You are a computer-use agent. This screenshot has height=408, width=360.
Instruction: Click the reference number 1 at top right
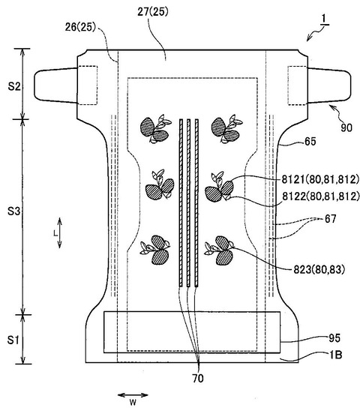pos(324,19)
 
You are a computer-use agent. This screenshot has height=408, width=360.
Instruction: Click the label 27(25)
pos(153,12)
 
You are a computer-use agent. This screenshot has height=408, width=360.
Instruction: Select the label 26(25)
pos(80,27)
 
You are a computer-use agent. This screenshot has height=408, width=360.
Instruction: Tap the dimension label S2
pos(13,86)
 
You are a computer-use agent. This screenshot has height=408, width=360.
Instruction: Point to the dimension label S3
pos(13,211)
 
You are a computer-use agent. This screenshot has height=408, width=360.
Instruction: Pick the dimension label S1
pos(13,340)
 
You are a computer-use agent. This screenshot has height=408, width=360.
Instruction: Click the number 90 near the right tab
pos(346,127)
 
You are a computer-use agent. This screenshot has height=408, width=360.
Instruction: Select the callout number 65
pos(310,142)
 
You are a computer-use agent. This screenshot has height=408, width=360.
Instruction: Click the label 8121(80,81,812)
pos(320,179)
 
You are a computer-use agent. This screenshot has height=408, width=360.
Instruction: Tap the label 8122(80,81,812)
pos(321,196)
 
